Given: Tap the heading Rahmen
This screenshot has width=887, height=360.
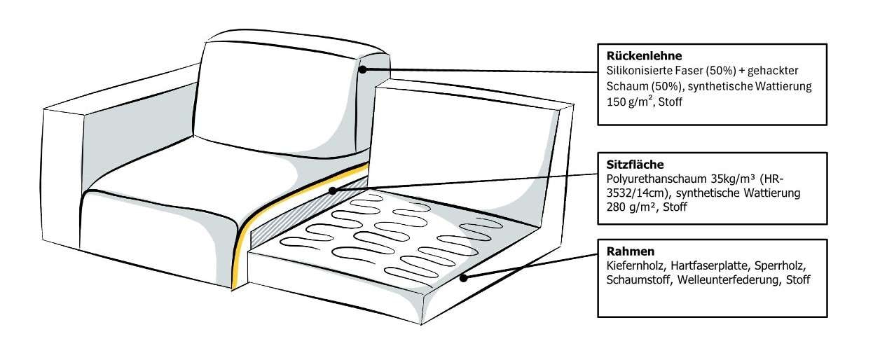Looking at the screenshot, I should pos(625,250).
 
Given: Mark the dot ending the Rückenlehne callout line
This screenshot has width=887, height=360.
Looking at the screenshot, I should pos(364,69).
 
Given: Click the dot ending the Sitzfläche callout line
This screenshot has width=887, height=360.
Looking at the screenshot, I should pos(333,190).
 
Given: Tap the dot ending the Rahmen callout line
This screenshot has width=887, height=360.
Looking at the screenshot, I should pos(463,278).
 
